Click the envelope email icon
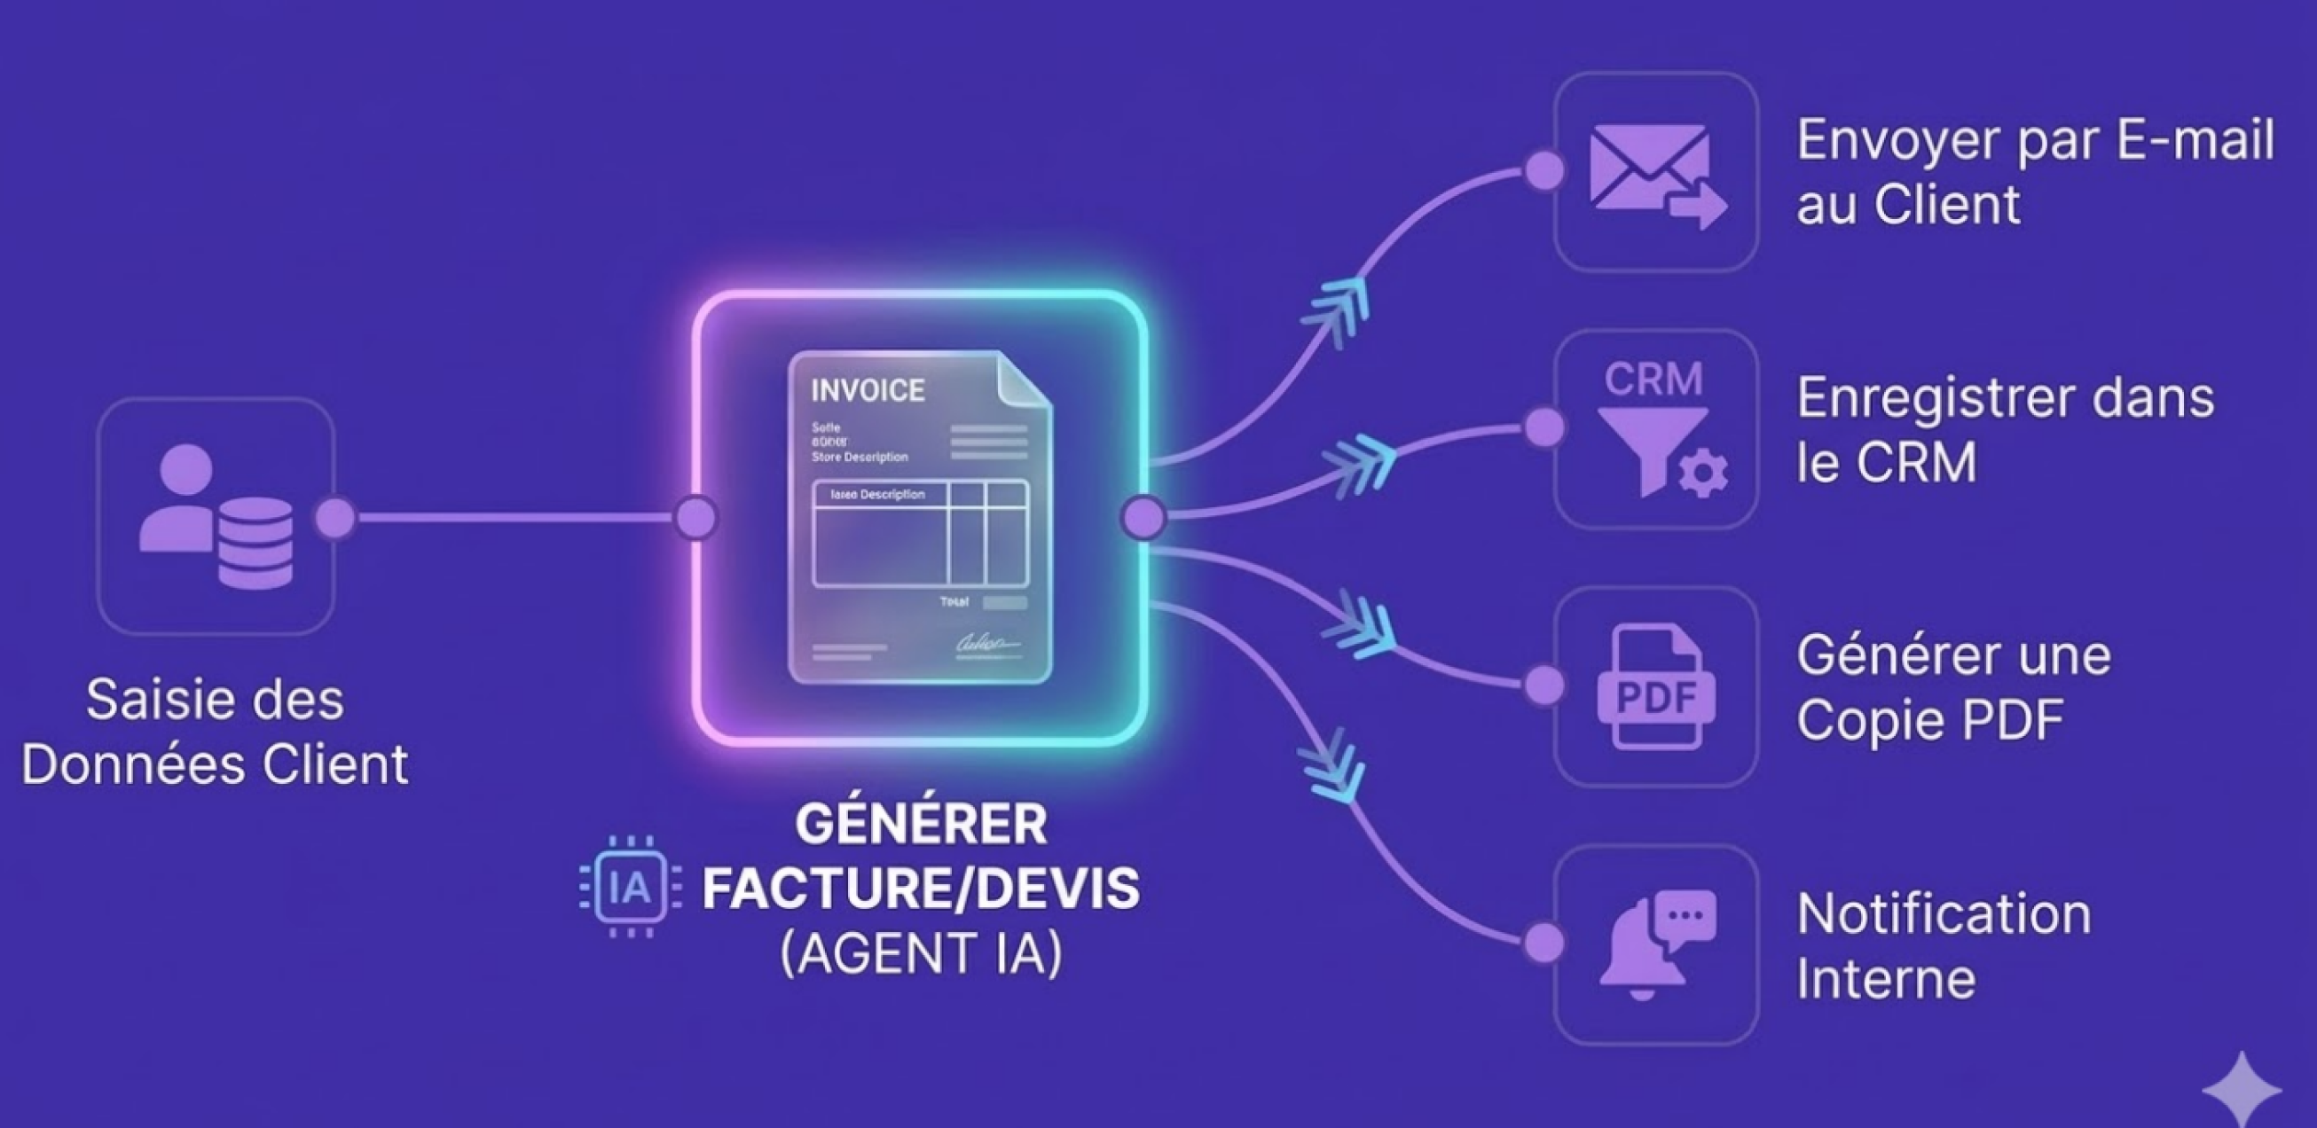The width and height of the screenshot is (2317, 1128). coord(1655,173)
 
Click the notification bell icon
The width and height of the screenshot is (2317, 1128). coord(1655,944)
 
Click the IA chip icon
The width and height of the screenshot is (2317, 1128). coord(630,887)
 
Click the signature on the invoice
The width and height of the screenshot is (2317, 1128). coord(986,645)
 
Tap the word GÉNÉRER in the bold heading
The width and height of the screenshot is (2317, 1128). coord(921,824)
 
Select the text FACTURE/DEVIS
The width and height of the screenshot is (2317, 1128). coord(921,888)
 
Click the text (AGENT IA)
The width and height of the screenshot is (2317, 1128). coord(921,952)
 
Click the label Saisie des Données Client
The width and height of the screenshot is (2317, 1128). coord(215,732)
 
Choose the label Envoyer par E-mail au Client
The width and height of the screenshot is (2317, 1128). coord(2035,172)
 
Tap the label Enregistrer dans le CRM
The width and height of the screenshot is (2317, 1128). coord(2004,430)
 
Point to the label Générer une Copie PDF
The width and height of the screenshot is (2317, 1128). coord(1952,687)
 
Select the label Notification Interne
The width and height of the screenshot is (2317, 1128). coord(1943,945)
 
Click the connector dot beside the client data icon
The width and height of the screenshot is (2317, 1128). coord(335,517)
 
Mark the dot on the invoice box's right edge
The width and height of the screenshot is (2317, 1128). coord(1144,517)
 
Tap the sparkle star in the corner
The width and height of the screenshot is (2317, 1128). coord(2241,1089)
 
